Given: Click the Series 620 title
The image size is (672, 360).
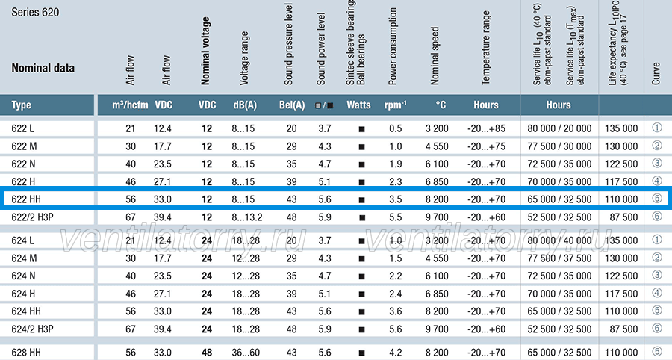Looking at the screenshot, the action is coord(35,12).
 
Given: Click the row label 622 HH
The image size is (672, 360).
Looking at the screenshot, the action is coord(26,199).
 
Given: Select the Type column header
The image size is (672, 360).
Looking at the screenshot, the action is coord(21,105).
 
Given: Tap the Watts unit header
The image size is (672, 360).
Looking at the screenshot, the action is coord(358,105).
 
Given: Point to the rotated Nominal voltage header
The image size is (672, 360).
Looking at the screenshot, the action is coord(205,51).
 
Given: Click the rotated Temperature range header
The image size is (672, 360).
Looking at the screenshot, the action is coord(485,48).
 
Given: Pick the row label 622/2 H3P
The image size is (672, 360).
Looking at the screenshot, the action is coord(33,217).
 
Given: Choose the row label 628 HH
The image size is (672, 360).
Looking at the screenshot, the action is coord(26,353).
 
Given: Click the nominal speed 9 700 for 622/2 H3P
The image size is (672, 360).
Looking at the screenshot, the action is coord(437,217).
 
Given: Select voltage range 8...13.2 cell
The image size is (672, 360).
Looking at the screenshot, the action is coord(247,217).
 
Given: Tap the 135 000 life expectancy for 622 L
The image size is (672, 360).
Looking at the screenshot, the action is coord(621,128).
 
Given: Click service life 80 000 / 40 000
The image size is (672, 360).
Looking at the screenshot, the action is coord(559,240).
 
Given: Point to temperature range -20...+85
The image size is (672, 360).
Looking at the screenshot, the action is coord(486,128).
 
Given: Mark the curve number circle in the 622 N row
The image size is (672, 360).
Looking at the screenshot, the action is coord(656,164).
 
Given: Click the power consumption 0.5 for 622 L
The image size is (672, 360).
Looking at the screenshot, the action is coord(396,128).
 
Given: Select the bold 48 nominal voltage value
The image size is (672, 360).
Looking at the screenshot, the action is coord(207,353).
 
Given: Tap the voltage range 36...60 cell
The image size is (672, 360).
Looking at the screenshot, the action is coord(246,353).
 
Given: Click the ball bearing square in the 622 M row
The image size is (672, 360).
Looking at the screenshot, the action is coord(361,147).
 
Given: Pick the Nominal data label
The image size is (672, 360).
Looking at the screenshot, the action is coord(43,68).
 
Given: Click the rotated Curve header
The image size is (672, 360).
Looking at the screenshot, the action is coord(656,73).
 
